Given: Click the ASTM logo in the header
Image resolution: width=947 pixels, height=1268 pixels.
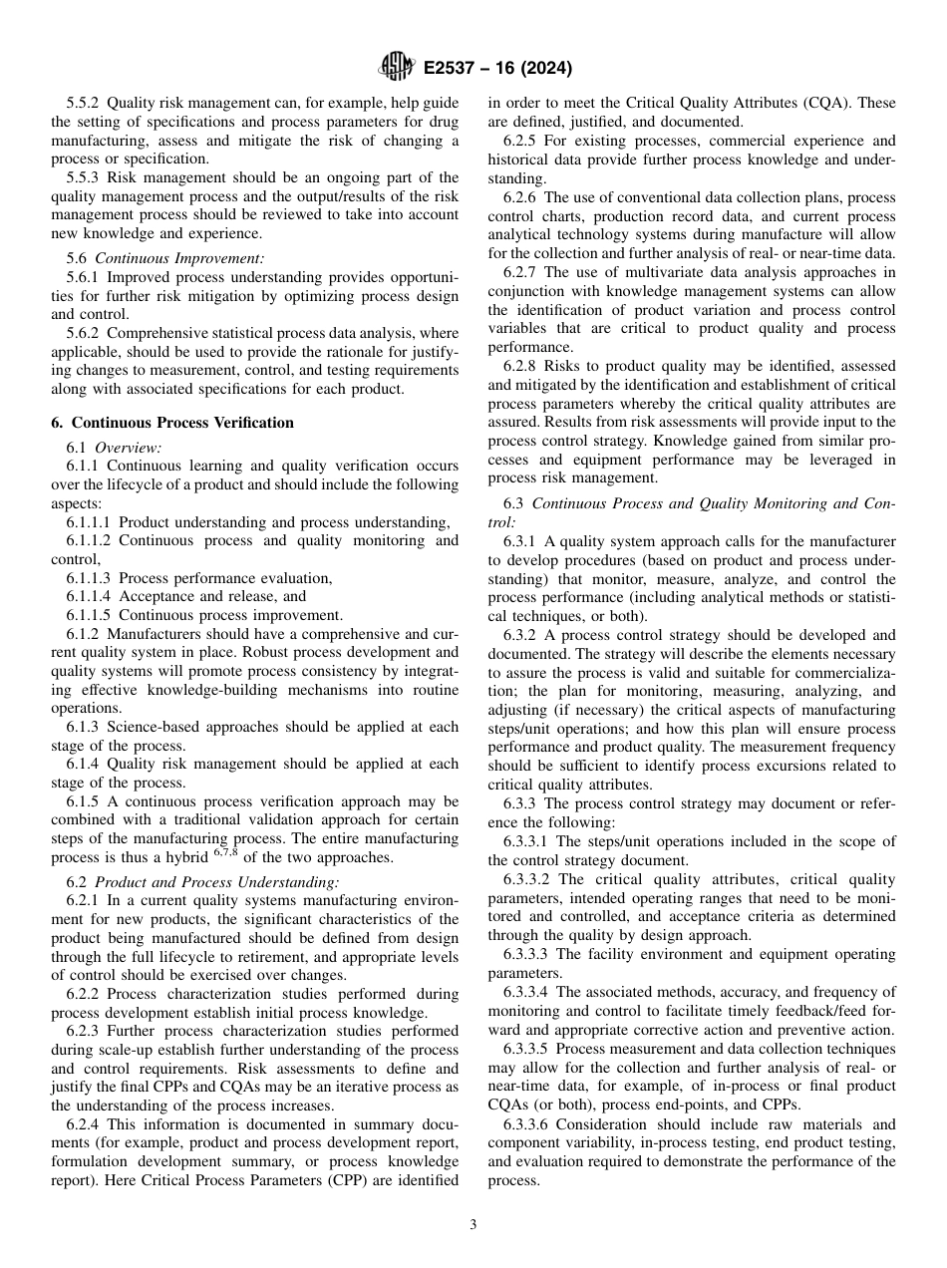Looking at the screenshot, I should (396, 68).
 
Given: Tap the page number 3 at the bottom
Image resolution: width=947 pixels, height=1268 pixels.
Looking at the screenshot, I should (473, 1225).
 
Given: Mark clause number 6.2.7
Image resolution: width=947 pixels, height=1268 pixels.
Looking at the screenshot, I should (519, 272).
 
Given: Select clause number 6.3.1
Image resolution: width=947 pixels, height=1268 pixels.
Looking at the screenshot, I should (519, 541).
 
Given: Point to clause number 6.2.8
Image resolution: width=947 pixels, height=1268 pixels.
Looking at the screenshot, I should (519, 366).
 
